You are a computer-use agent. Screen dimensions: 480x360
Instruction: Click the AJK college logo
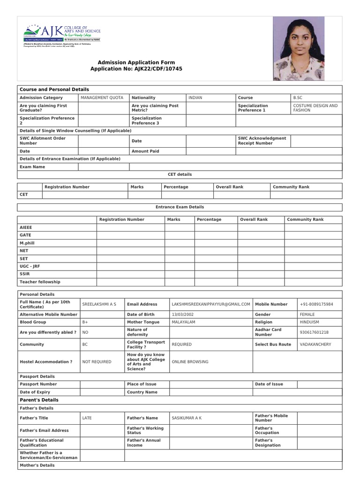tap(62, 36)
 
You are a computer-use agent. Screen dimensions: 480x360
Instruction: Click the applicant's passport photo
tap(299, 48)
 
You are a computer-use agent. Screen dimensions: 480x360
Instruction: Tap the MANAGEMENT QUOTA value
tap(102, 98)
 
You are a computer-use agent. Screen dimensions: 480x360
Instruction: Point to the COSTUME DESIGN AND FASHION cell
tap(315, 108)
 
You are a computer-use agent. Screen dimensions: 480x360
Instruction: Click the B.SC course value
tap(298, 98)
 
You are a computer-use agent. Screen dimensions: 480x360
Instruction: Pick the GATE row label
tap(26, 235)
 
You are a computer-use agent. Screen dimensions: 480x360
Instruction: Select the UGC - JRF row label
tap(30, 266)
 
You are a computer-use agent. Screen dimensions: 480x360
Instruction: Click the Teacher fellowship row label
tap(40, 282)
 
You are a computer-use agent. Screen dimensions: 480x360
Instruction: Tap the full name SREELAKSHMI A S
tap(99, 304)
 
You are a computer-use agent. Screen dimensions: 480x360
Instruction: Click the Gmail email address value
tap(211, 304)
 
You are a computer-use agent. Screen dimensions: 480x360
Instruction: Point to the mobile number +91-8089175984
tap(316, 304)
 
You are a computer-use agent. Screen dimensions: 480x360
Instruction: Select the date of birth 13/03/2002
tap(183, 315)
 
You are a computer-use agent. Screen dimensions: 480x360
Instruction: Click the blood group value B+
tap(85, 322)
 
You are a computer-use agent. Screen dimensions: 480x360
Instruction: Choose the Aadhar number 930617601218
tap(314, 332)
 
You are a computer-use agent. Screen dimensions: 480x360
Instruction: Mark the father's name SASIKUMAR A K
tap(187, 418)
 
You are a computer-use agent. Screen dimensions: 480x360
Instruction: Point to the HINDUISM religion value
tap(309, 322)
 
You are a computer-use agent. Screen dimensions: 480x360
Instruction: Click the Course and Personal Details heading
tap(54, 90)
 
